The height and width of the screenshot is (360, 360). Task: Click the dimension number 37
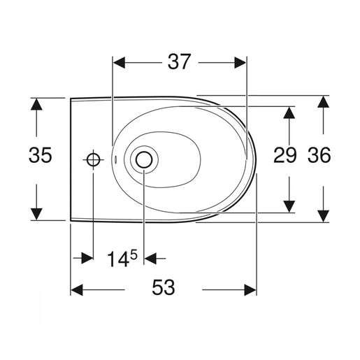click(x=179, y=64)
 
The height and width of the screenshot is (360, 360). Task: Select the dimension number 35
click(x=40, y=156)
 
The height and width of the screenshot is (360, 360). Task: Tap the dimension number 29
click(x=285, y=156)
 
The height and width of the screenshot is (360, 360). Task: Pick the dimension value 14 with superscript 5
click(x=122, y=259)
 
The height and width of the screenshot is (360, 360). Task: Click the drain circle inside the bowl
click(x=143, y=160)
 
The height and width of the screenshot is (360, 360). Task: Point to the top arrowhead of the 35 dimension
click(x=37, y=103)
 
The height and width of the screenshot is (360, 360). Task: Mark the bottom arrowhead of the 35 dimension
click(x=37, y=213)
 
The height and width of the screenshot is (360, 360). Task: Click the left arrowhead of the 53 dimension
click(x=76, y=288)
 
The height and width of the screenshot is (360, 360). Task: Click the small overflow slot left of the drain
click(x=116, y=160)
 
